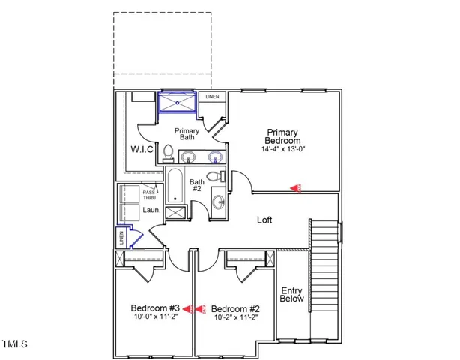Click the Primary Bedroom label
283,136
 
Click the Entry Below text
291,294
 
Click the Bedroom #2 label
235,307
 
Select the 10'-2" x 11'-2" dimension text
235,317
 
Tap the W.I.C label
142,148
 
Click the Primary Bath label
187,134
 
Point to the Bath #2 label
196,186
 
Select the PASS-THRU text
152,195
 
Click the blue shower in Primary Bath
178,101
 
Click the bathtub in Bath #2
175,187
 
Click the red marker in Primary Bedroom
296,189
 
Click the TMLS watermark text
15,344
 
